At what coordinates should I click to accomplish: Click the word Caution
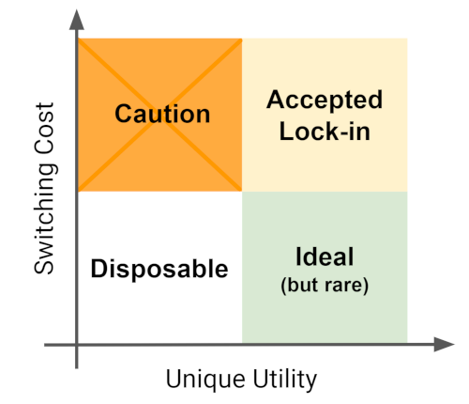162,114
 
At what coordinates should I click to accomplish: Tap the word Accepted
325,100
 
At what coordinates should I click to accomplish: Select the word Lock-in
325,131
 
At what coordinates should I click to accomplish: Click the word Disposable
159,269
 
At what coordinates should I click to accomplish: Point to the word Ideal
325,256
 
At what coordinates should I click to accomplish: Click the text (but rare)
325,285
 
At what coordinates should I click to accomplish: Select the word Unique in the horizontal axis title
205,380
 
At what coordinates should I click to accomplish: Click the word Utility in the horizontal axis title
285,380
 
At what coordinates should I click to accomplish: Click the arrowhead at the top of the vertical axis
77,20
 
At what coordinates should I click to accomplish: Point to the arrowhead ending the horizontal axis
444,344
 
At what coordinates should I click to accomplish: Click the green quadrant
325,267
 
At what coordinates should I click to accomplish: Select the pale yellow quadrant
325,115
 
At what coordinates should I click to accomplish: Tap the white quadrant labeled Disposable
160,267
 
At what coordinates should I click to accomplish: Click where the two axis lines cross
77,345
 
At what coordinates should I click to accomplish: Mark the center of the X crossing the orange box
159,115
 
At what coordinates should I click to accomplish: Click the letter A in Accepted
276,100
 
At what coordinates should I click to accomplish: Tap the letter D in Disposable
98,268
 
